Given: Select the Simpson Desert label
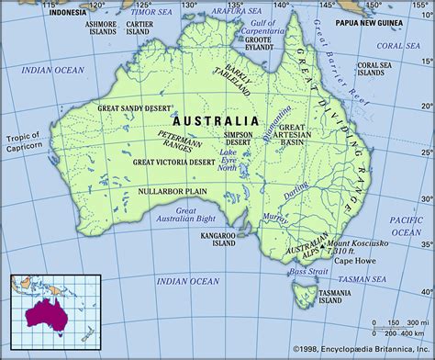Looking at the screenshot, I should (236, 139).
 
